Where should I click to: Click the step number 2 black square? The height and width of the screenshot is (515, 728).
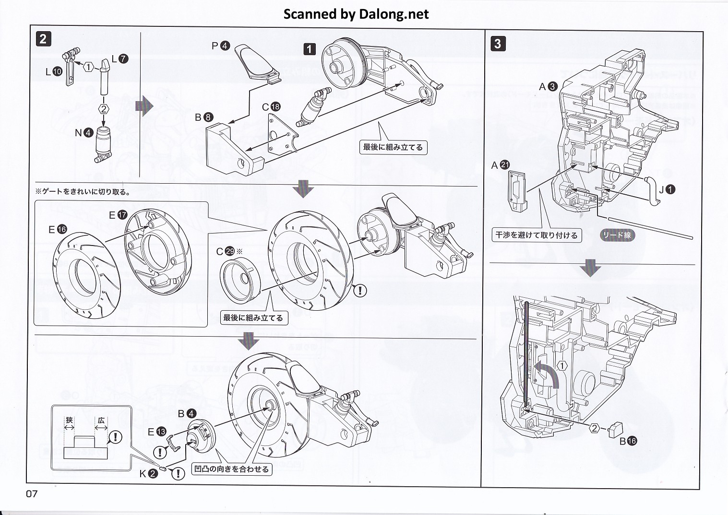click(x=43, y=39)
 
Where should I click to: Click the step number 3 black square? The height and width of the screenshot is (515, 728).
click(x=498, y=44)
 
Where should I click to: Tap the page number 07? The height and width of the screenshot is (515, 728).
click(x=32, y=493)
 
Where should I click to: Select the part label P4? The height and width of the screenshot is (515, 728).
click(x=221, y=46)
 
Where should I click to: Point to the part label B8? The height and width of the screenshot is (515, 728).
click(x=203, y=117)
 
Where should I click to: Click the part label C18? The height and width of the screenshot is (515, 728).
click(x=271, y=107)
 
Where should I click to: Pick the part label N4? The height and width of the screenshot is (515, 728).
click(x=84, y=133)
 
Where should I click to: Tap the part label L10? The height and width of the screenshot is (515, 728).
click(x=54, y=72)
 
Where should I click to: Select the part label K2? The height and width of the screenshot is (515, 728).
click(x=148, y=474)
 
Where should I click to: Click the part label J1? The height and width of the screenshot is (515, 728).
click(x=667, y=189)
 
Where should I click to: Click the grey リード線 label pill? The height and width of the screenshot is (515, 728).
click(x=617, y=235)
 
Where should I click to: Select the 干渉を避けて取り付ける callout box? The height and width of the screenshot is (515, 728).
click(x=537, y=235)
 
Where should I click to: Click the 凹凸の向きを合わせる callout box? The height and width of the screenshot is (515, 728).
click(x=232, y=469)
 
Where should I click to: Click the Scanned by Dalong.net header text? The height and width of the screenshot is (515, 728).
click(x=356, y=14)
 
